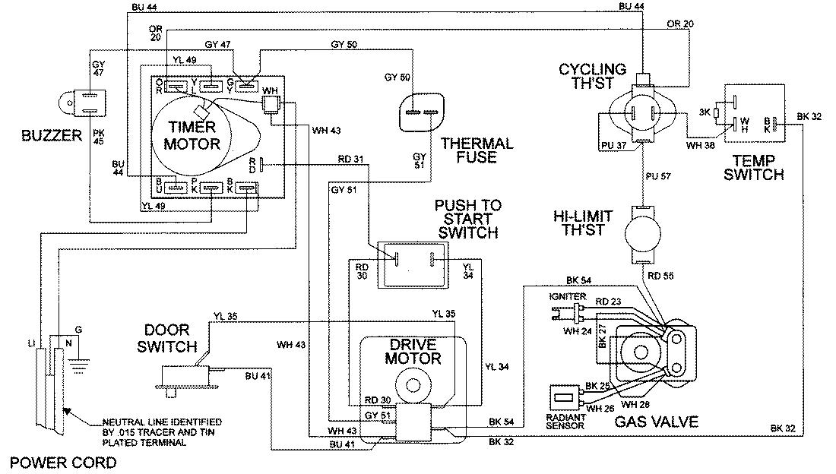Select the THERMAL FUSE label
477,150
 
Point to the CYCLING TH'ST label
592,76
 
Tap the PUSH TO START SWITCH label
467,220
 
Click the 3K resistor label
704,112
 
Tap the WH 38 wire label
700,144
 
